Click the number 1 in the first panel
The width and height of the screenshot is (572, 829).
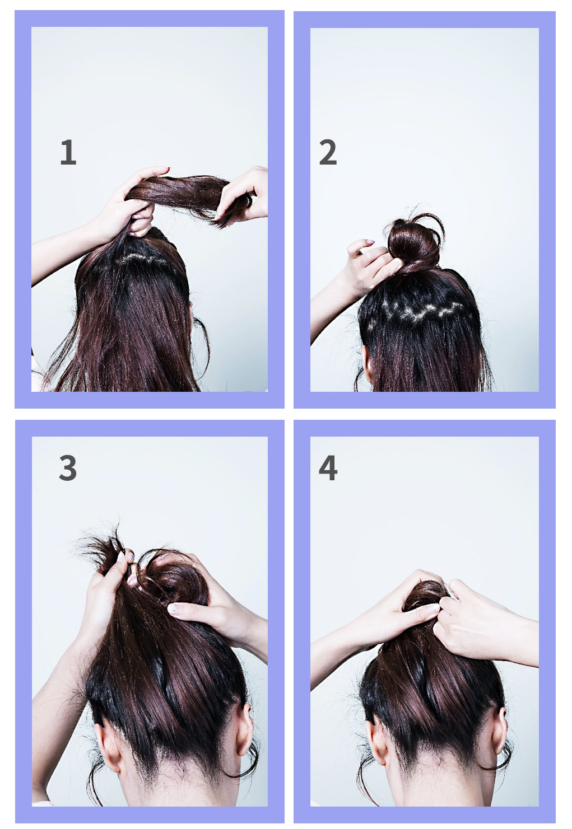pos(68,152)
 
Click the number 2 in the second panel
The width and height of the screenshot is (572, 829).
pos(328,152)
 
